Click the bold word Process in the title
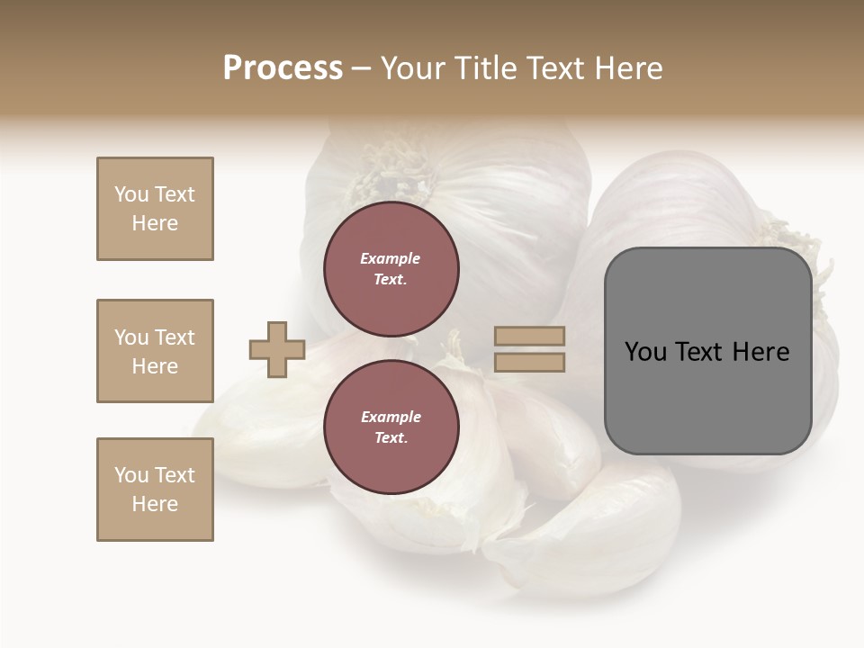(x=283, y=67)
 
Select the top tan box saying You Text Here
(x=155, y=209)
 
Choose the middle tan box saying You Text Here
(x=155, y=351)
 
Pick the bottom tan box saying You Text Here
(x=155, y=490)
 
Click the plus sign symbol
(x=277, y=349)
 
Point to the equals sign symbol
(x=530, y=349)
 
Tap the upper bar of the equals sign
(x=530, y=337)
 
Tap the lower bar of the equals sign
(x=530, y=362)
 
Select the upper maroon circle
(x=391, y=269)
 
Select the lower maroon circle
(x=391, y=427)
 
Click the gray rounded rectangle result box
(x=707, y=351)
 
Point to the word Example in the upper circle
(x=391, y=258)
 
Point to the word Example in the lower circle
(x=391, y=417)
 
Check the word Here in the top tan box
(x=155, y=223)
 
